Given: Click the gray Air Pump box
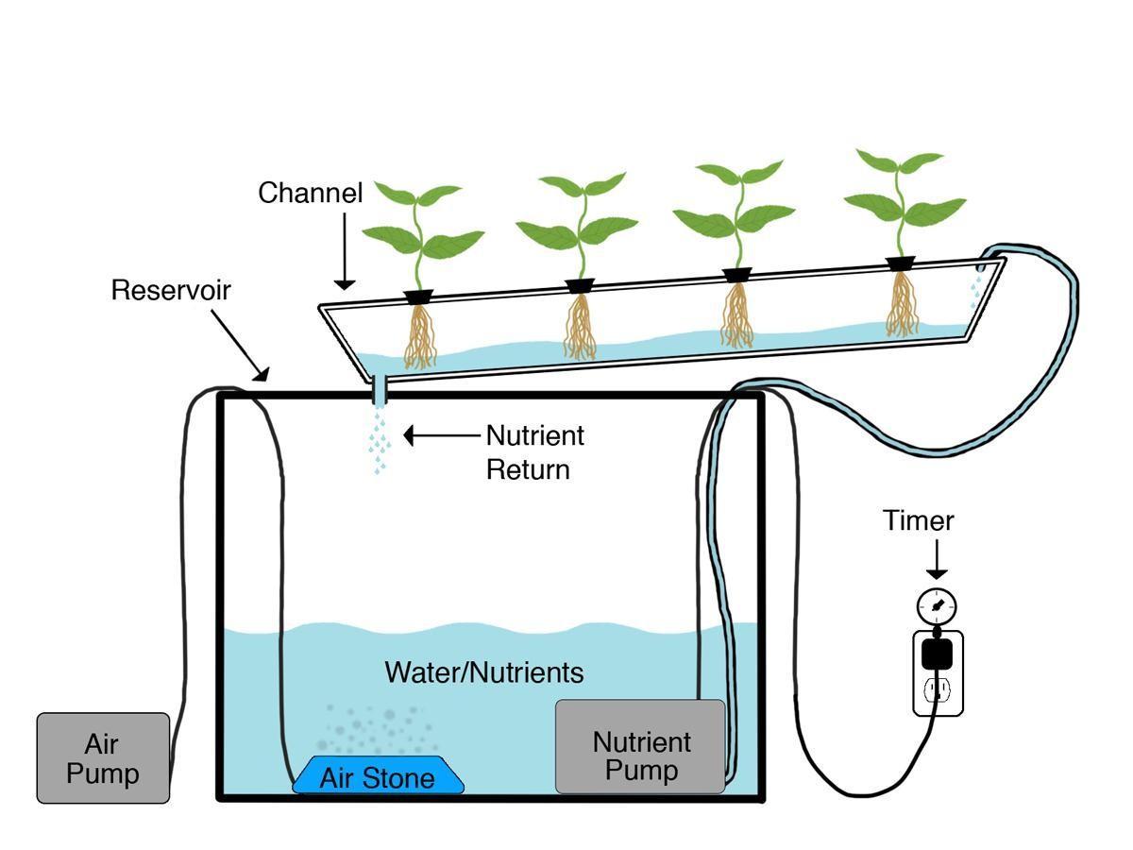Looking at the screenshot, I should click(x=103, y=758).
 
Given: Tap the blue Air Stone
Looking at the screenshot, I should click(x=378, y=776).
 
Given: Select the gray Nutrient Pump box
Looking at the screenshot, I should click(x=640, y=747).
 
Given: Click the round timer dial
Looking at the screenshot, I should click(x=936, y=604).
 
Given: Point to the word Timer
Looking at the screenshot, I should click(x=919, y=520).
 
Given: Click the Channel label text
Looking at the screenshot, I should click(x=311, y=193).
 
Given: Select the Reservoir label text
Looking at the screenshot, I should click(x=171, y=289).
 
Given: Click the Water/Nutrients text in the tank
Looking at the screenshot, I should click(x=483, y=672).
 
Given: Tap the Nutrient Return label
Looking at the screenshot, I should click(x=534, y=452).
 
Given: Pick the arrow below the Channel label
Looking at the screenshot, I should click(x=345, y=250).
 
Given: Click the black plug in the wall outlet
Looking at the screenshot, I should click(x=937, y=653).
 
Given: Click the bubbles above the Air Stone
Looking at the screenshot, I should click(x=378, y=727).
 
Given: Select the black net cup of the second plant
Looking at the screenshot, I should click(x=580, y=286).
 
